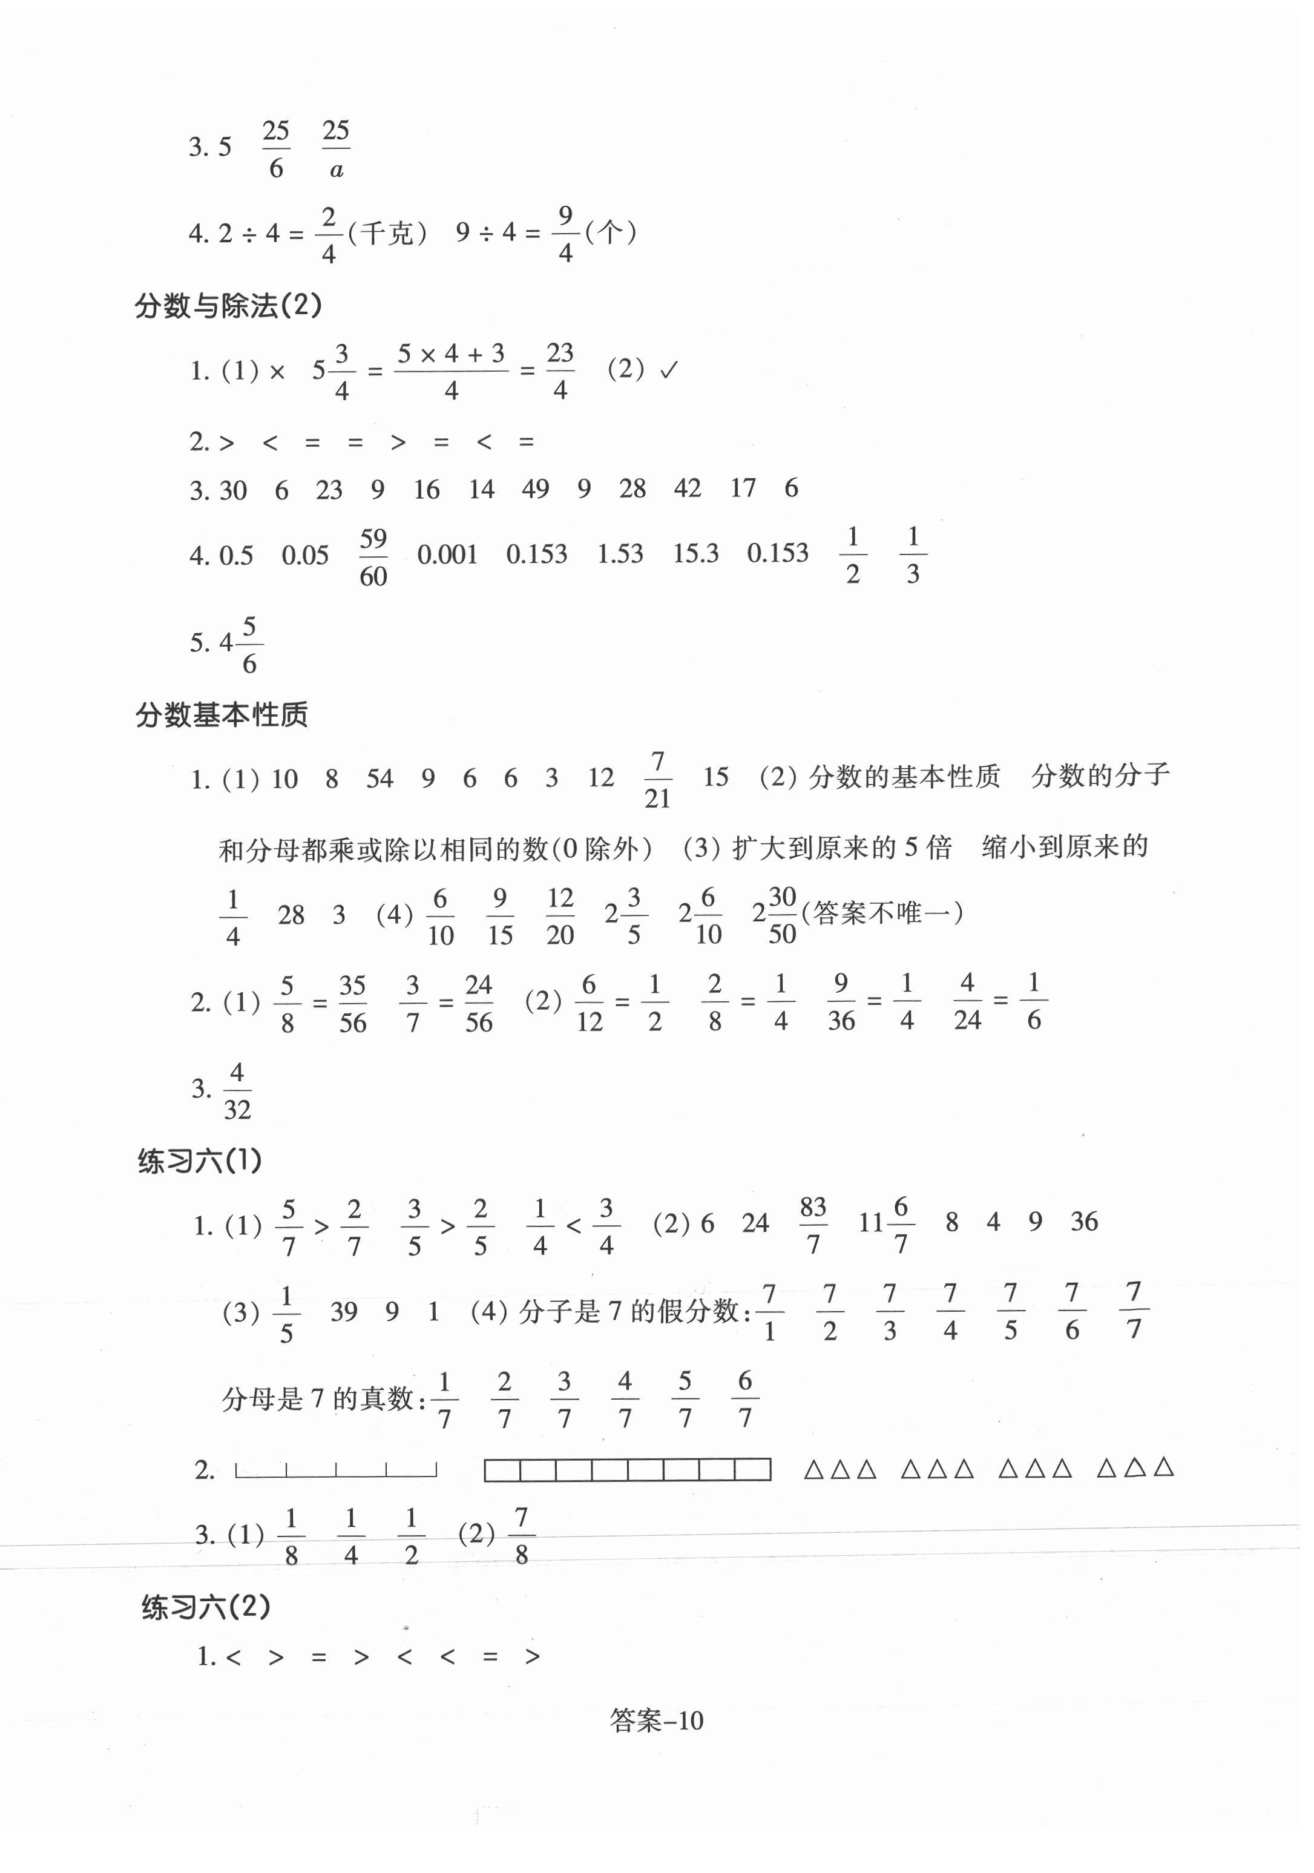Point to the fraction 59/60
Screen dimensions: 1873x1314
click(x=373, y=557)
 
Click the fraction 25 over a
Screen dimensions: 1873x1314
click(x=336, y=150)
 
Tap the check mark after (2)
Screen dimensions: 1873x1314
click(x=669, y=370)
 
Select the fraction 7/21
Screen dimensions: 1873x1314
click(x=657, y=780)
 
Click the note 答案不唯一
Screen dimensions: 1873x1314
click(x=882, y=913)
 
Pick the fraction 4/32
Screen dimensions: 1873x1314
click(x=237, y=1091)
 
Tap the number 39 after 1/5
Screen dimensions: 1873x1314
click(x=343, y=1312)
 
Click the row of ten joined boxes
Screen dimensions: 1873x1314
click(x=627, y=1469)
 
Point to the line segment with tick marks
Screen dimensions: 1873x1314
click(x=336, y=1469)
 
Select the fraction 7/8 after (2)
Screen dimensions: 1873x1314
click(x=521, y=1535)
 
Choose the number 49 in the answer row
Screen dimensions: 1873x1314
click(x=535, y=489)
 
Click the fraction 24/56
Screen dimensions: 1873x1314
click(x=479, y=1004)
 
